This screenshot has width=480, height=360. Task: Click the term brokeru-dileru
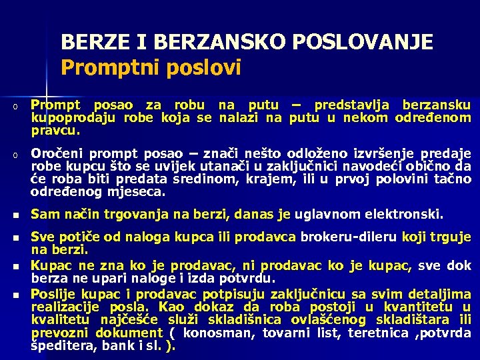tap(343, 237)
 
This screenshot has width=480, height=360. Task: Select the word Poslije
tap(54, 294)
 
